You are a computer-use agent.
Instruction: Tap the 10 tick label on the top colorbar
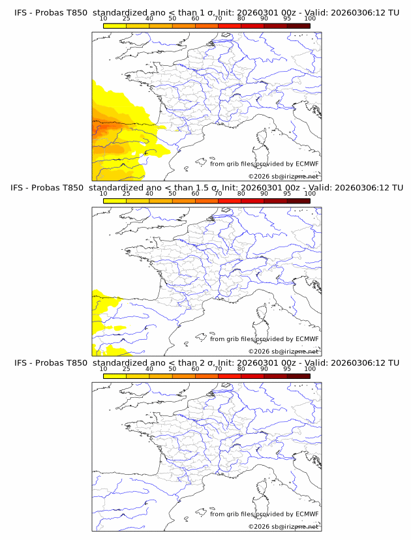pyautogui.click(x=103, y=19)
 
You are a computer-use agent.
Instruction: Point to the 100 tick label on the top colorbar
pyautogui.click(x=310, y=19)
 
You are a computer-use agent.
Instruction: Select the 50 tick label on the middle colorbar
pyautogui.click(x=172, y=194)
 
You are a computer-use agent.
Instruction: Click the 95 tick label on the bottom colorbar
pyautogui.click(x=287, y=368)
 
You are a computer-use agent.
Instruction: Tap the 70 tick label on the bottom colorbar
pyautogui.click(x=218, y=368)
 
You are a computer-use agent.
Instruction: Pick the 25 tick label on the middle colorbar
pyautogui.click(x=126, y=194)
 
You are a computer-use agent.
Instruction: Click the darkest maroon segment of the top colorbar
pyautogui.click(x=298, y=25)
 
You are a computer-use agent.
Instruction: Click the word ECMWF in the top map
pyautogui.click(x=307, y=164)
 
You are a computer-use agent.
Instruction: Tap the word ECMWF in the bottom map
pyautogui.click(x=307, y=513)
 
